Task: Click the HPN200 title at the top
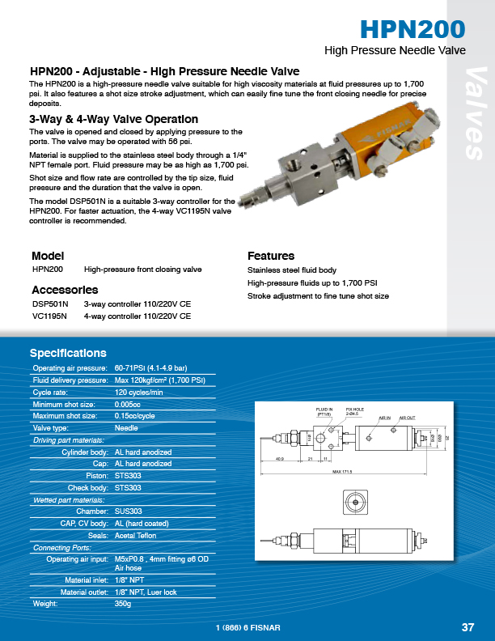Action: click(x=412, y=29)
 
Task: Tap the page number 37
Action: click(x=467, y=627)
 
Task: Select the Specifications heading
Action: click(x=68, y=353)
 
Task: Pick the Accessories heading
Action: click(x=65, y=290)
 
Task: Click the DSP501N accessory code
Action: click(x=50, y=304)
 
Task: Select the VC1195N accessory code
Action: click(x=50, y=316)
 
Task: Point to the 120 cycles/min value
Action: click(x=139, y=392)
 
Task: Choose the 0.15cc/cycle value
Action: click(x=135, y=416)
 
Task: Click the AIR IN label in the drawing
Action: click(x=385, y=418)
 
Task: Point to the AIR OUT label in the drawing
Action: click(x=406, y=418)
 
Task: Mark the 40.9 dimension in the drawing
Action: click(x=280, y=459)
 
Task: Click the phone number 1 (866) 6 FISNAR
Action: click(x=247, y=628)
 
